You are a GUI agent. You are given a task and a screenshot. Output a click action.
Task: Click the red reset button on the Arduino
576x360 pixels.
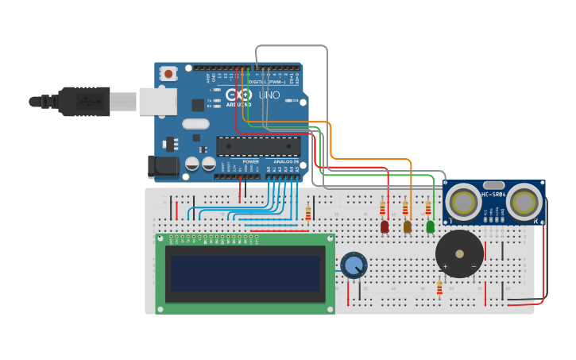click(x=168, y=74)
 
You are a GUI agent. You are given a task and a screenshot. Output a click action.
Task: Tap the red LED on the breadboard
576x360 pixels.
click(x=385, y=226)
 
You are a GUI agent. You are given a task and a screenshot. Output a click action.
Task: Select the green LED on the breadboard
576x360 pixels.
click(x=431, y=226)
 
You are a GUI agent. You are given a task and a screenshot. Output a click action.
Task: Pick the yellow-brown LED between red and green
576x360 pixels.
click(x=408, y=226)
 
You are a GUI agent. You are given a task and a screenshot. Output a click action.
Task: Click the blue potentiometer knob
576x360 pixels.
click(x=354, y=265)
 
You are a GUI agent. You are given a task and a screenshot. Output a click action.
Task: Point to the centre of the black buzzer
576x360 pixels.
click(x=459, y=254)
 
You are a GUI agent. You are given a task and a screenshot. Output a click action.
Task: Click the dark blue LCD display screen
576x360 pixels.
click(x=245, y=273)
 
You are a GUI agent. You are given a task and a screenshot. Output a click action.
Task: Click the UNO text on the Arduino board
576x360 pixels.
click(x=269, y=95)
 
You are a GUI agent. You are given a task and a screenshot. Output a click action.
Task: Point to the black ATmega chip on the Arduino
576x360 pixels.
click(x=258, y=146)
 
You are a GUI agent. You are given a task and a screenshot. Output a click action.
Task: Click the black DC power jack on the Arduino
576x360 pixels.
click(x=163, y=166)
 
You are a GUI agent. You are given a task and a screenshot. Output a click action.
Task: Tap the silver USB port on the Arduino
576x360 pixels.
click(x=157, y=101)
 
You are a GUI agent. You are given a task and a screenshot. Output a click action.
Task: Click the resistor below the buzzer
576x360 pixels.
click(x=439, y=288)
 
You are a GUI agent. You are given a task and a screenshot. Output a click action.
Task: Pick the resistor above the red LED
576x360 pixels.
click(x=382, y=208)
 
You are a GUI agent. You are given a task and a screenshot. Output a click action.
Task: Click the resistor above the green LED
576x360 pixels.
click(x=428, y=207)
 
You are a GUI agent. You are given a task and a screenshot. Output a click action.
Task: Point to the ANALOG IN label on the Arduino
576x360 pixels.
click(x=283, y=161)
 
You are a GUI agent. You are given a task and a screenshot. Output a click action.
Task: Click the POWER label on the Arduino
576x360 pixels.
click(x=250, y=161)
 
